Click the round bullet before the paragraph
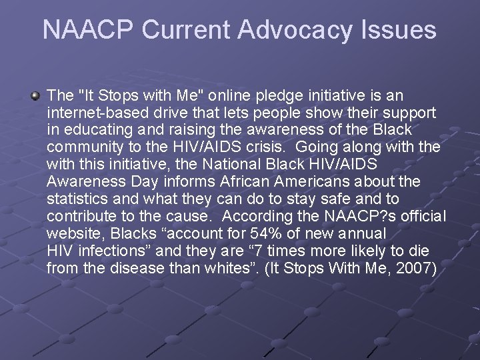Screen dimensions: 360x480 [x=35, y=97]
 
